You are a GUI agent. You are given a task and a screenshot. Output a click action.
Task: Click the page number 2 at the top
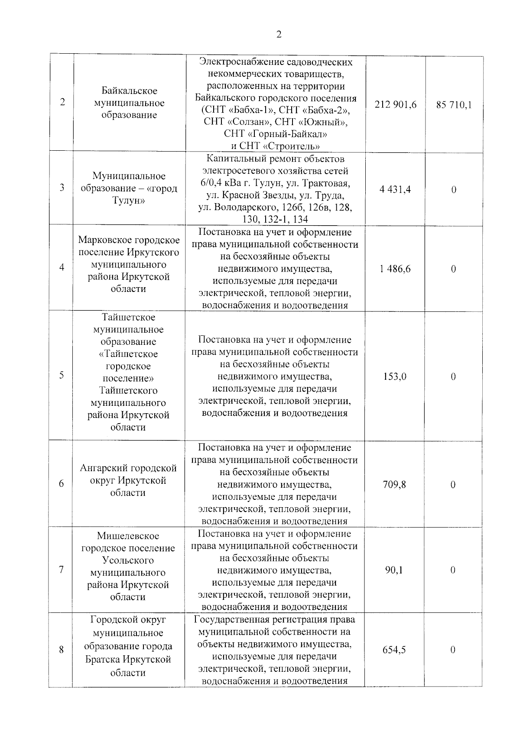click(279, 35)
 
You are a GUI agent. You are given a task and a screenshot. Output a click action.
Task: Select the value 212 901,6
click(395, 104)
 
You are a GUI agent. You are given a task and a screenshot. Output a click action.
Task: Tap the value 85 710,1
click(454, 104)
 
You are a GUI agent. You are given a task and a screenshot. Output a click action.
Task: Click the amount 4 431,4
click(395, 189)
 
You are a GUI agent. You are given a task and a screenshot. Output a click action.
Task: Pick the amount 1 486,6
click(395, 269)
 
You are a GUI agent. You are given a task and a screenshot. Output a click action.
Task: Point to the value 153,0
click(395, 376)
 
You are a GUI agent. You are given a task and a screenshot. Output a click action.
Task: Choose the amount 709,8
click(394, 484)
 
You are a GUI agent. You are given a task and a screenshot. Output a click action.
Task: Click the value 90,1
click(394, 570)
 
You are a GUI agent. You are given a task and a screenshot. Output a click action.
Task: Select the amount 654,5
click(394, 650)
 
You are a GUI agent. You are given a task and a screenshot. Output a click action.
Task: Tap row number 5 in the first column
click(62, 375)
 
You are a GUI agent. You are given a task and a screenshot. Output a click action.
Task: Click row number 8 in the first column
click(62, 650)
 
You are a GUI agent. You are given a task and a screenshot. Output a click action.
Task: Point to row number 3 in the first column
click(62, 188)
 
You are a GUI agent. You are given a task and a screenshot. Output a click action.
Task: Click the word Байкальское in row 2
click(129, 91)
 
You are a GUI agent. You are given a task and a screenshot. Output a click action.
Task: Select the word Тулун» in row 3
click(129, 201)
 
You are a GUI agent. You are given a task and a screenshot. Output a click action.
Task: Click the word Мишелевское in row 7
click(128, 536)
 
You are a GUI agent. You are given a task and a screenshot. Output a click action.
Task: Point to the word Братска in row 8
click(102, 660)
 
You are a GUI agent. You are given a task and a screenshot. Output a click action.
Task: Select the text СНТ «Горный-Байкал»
click(276, 133)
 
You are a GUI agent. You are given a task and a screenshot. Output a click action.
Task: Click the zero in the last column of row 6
click(453, 485)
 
